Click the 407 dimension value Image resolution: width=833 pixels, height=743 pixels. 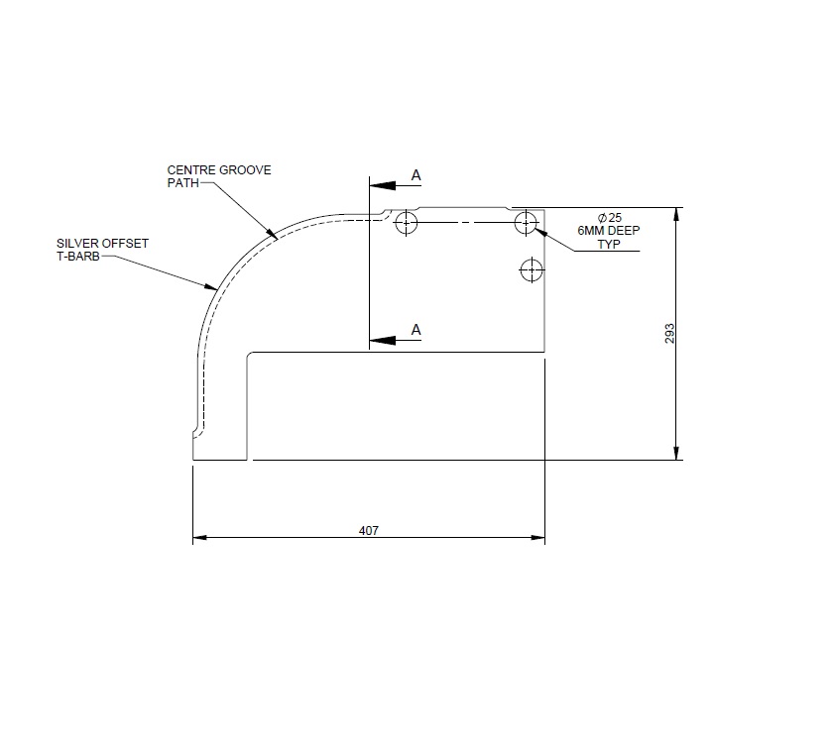pyautogui.click(x=369, y=530)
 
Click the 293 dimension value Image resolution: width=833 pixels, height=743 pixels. pyautogui.click(x=669, y=335)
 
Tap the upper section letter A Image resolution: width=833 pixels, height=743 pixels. pyautogui.click(x=416, y=175)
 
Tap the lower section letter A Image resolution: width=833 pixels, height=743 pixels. pyautogui.click(x=416, y=330)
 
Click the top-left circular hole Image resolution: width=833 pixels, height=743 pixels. pyautogui.click(x=406, y=223)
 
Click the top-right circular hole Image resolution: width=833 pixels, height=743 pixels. pyautogui.click(x=527, y=223)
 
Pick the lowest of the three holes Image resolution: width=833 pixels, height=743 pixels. pyautogui.click(x=533, y=268)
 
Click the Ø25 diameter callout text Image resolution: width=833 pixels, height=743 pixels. pyautogui.click(x=609, y=217)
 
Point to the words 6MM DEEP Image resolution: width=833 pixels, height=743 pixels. pyautogui.click(x=609, y=231)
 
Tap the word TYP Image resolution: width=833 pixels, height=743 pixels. pyautogui.click(x=609, y=245)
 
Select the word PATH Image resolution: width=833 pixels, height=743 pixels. pyautogui.click(x=183, y=183)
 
